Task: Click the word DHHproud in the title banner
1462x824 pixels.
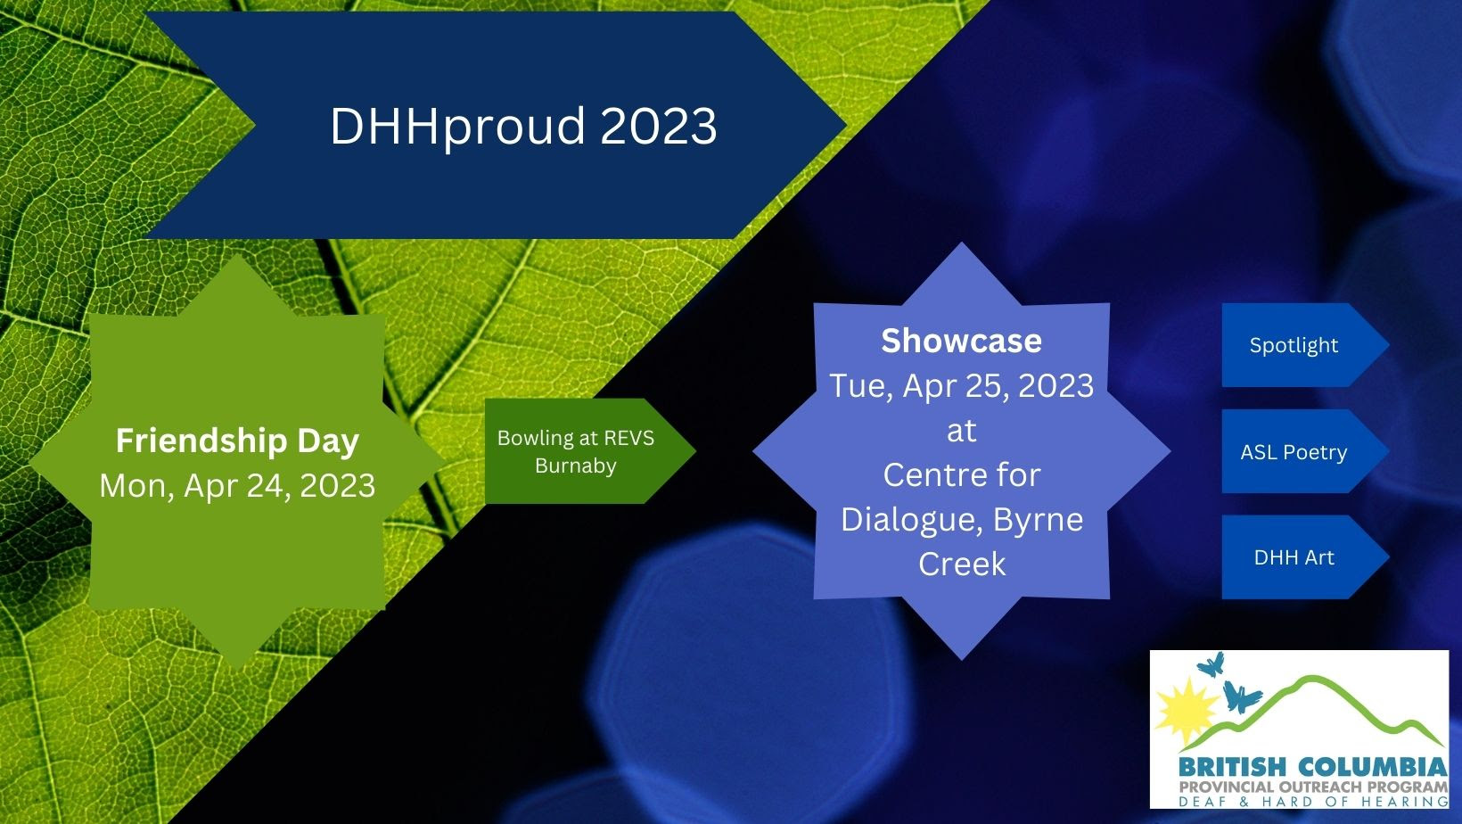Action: [x=456, y=127]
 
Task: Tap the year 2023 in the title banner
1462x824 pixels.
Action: [x=659, y=126]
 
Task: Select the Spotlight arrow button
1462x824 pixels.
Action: [x=1305, y=345]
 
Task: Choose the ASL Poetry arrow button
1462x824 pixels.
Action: [x=1305, y=451]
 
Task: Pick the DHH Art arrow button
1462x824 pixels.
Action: [x=1305, y=557]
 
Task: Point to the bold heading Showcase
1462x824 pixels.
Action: [x=961, y=340]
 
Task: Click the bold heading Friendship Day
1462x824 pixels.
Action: [x=237, y=441]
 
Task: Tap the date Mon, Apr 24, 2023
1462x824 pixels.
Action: [x=237, y=486]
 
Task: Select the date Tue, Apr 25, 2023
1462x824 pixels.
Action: [x=961, y=386]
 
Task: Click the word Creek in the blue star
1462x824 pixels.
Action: [x=962, y=564]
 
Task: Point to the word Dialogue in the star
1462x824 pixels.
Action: [x=912, y=521]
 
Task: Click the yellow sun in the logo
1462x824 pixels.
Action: [x=1186, y=712]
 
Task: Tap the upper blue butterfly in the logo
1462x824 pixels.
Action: [x=1211, y=665]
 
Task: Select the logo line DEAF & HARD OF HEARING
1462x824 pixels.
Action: [x=1312, y=802]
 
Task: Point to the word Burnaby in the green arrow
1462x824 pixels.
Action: [x=576, y=466]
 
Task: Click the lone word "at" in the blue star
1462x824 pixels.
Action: [x=961, y=432]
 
